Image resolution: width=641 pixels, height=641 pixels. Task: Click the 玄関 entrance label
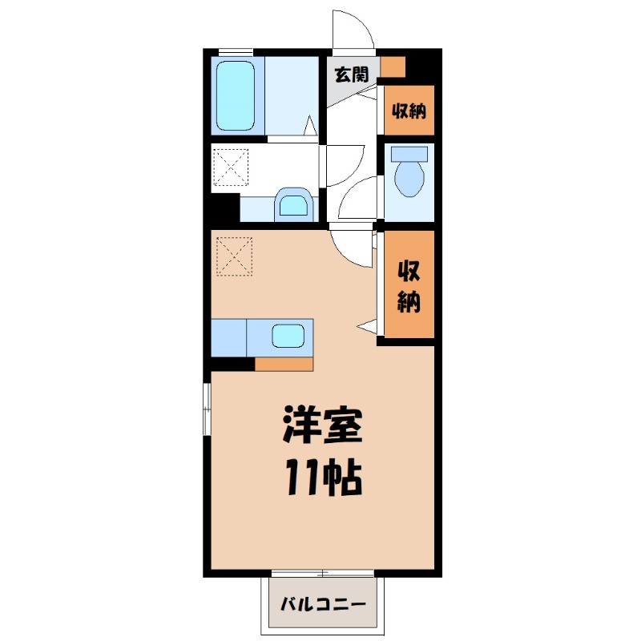(x=351, y=75)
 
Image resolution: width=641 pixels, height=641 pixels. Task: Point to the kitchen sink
(x=288, y=336)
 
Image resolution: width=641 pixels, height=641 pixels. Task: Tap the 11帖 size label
(x=322, y=478)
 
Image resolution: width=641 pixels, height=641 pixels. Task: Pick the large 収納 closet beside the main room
(x=408, y=287)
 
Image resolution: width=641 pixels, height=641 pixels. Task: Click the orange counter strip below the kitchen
(x=284, y=364)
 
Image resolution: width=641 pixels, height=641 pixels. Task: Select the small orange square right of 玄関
(x=393, y=66)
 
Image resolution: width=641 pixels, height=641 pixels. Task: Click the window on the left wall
(x=207, y=409)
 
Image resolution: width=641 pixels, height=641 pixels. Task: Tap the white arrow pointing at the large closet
(x=369, y=325)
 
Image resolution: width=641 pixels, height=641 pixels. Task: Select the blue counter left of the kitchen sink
(x=229, y=336)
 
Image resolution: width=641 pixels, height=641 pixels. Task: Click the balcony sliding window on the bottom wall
(x=322, y=573)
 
